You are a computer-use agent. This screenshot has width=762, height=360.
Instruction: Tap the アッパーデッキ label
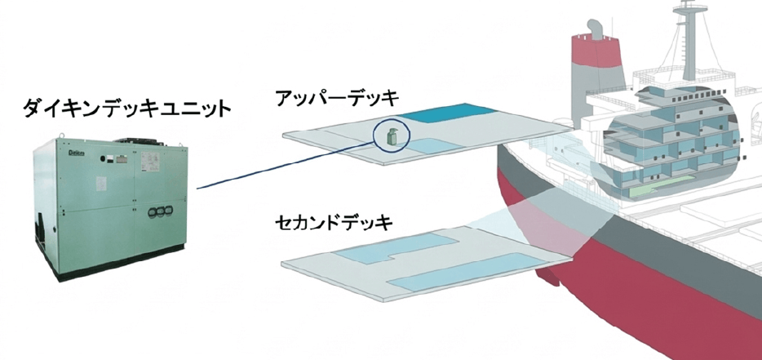[x=336, y=99]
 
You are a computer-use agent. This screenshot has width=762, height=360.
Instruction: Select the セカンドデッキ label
[x=335, y=221]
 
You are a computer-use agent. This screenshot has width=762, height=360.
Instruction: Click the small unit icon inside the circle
[x=392, y=138]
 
